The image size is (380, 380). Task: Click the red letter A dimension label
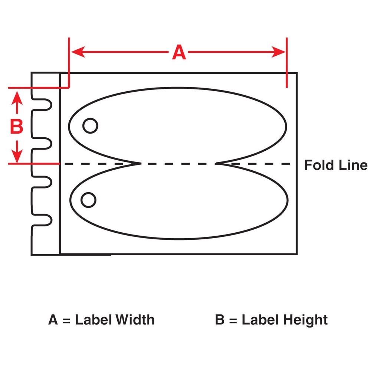(x=179, y=52)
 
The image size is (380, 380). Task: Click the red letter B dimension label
(x=16, y=126)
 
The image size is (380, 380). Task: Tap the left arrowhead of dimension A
(x=78, y=52)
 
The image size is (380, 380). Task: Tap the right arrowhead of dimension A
(x=278, y=52)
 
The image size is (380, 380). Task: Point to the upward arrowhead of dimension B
(x=17, y=98)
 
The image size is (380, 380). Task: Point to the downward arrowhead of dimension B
(x=17, y=156)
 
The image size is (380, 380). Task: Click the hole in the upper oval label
(x=90, y=126)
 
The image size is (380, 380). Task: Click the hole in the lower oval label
(x=88, y=200)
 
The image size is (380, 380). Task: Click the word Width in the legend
(x=135, y=320)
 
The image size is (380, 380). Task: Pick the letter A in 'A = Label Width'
(x=53, y=320)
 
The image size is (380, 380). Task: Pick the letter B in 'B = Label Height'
(x=220, y=320)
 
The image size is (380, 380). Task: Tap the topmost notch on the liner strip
(x=42, y=104)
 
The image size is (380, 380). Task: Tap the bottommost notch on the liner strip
(x=42, y=220)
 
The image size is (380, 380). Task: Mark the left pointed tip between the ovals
(x=141, y=164)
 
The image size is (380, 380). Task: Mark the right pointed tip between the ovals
(x=216, y=164)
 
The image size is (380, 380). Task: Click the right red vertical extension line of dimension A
(x=287, y=62)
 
